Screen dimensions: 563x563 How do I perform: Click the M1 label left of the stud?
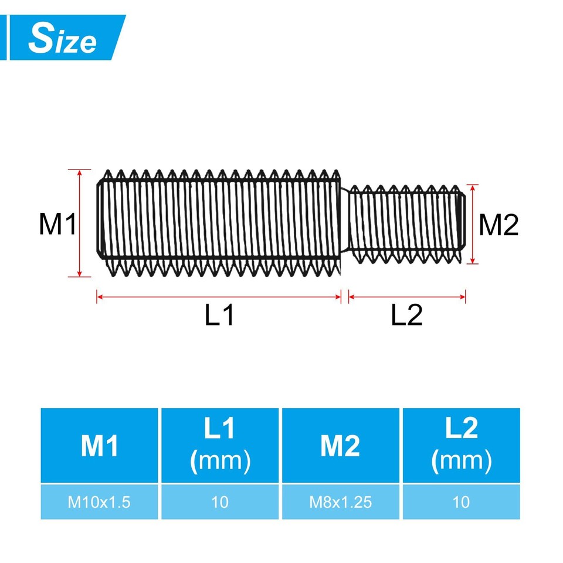coord(57,225)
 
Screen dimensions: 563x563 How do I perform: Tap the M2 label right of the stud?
coord(499,225)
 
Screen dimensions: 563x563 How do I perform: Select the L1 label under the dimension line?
coord(220,316)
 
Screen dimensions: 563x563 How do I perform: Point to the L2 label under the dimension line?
coord(406,316)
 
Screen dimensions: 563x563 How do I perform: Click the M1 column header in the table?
coord(100,446)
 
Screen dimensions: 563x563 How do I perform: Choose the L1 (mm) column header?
coord(220,446)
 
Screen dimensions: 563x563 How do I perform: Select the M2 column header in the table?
coord(340,446)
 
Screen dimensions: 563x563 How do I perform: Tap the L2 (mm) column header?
coord(461,446)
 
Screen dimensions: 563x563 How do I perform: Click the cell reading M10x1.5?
coord(100,502)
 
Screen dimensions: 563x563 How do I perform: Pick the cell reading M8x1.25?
coord(340,502)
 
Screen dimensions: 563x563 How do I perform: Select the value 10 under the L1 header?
coord(220,502)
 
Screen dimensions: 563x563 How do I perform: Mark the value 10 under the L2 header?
coord(461,502)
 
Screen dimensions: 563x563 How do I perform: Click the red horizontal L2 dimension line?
coord(407,297)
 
